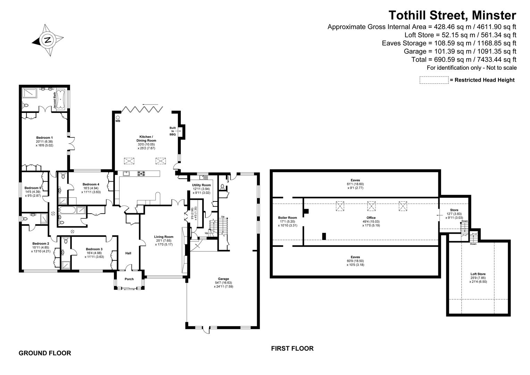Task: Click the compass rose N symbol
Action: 48,40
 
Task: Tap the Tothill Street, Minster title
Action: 452,15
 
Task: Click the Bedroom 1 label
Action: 44,138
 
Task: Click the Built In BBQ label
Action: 173,131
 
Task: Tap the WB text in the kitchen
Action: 118,121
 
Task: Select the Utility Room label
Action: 201,185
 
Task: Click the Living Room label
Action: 163,237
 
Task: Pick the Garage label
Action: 223,279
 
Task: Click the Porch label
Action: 129,279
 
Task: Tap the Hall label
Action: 128,253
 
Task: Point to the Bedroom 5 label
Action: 33,188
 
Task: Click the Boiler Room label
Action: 288,218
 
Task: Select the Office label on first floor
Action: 371,218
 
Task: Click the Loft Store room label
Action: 478,274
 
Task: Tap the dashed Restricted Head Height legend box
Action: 434,80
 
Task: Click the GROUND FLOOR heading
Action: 45,353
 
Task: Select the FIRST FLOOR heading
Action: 292,348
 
